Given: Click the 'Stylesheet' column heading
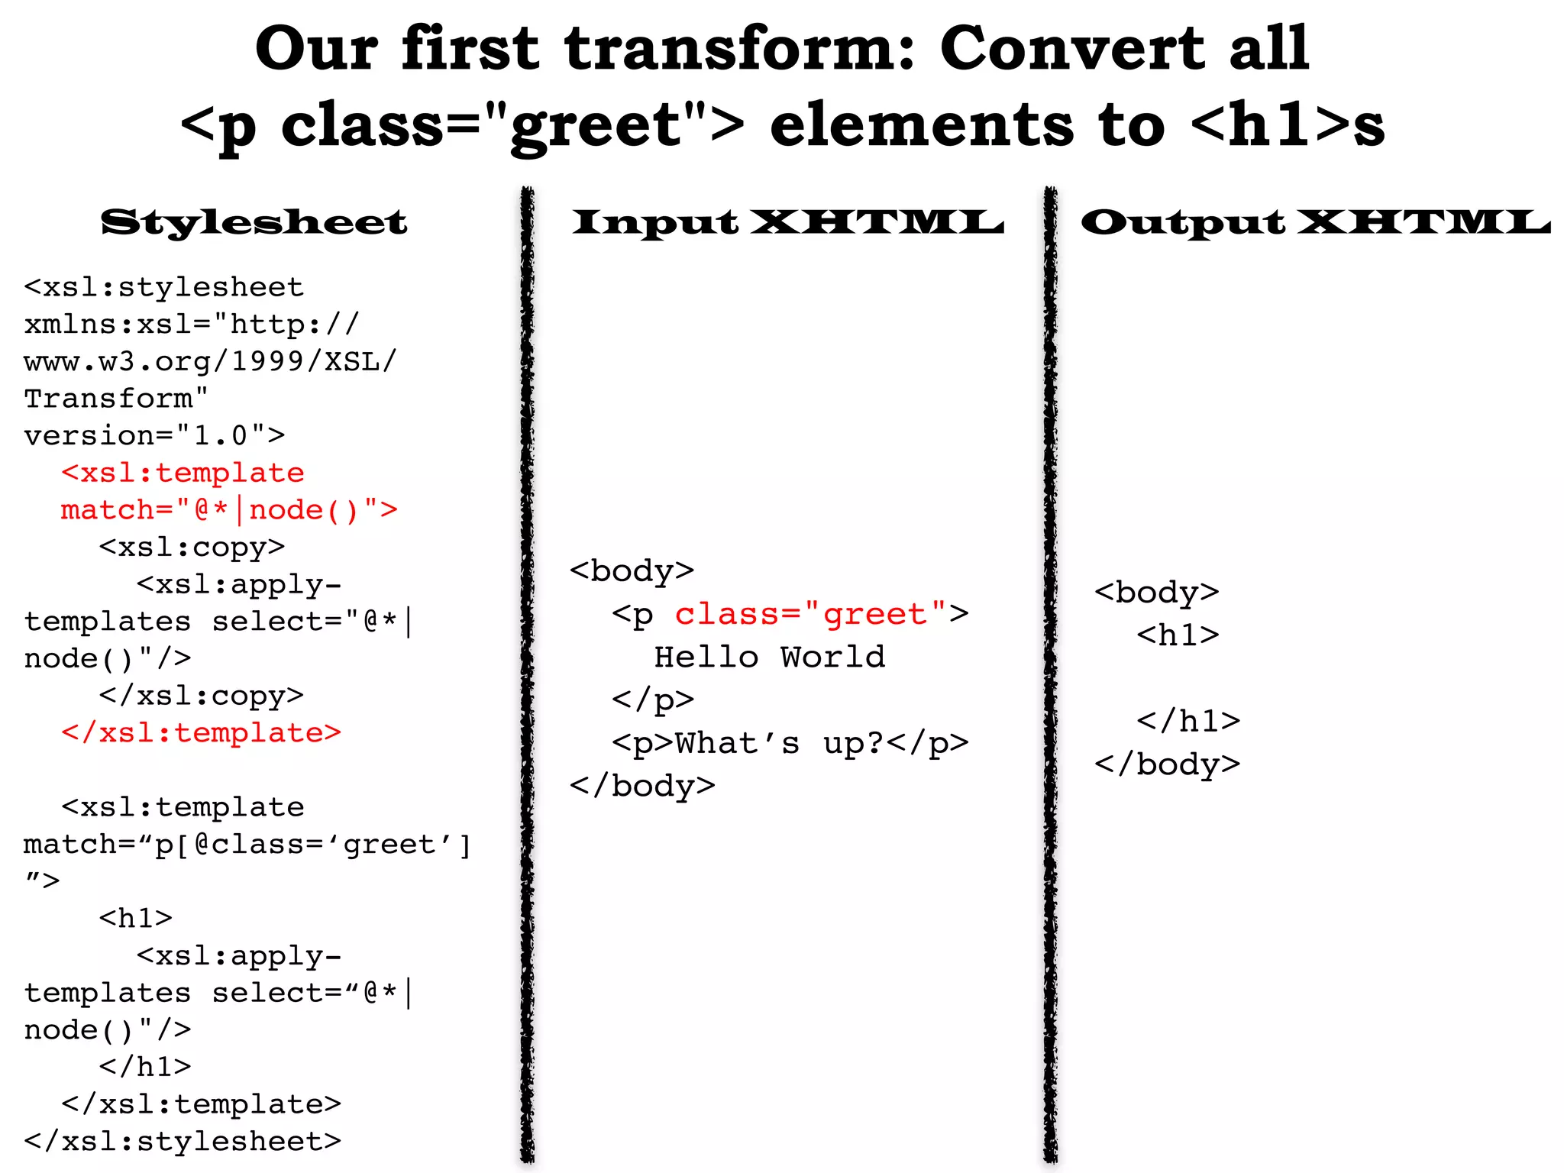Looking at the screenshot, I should coord(254,222).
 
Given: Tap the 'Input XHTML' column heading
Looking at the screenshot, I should coord(787,222).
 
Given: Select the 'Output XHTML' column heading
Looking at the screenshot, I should coord(1315,222).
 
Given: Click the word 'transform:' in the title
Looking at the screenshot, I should coord(739,48).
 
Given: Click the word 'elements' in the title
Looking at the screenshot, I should coord(921,126).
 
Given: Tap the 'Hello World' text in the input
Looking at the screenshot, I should coord(770,657).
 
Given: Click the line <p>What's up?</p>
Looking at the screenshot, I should coord(790,743).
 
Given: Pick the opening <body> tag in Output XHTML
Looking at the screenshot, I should coord(1156,593).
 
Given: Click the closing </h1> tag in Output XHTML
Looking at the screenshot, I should coord(1188,721).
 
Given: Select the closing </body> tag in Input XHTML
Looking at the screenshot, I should coord(642,786).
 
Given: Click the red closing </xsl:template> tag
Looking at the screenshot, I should coord(201,732).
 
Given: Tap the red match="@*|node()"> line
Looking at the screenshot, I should coord(229,510).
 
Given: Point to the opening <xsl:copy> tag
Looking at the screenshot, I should coord(192,547).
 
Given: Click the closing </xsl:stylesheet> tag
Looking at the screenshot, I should coord(183,1141).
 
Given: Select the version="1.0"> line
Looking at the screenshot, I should coord(154,435).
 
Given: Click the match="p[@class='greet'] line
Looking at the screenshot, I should coord(247,845).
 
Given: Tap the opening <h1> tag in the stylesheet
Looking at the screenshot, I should coord(136,918).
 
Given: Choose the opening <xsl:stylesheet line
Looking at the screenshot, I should coord(164,287).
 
